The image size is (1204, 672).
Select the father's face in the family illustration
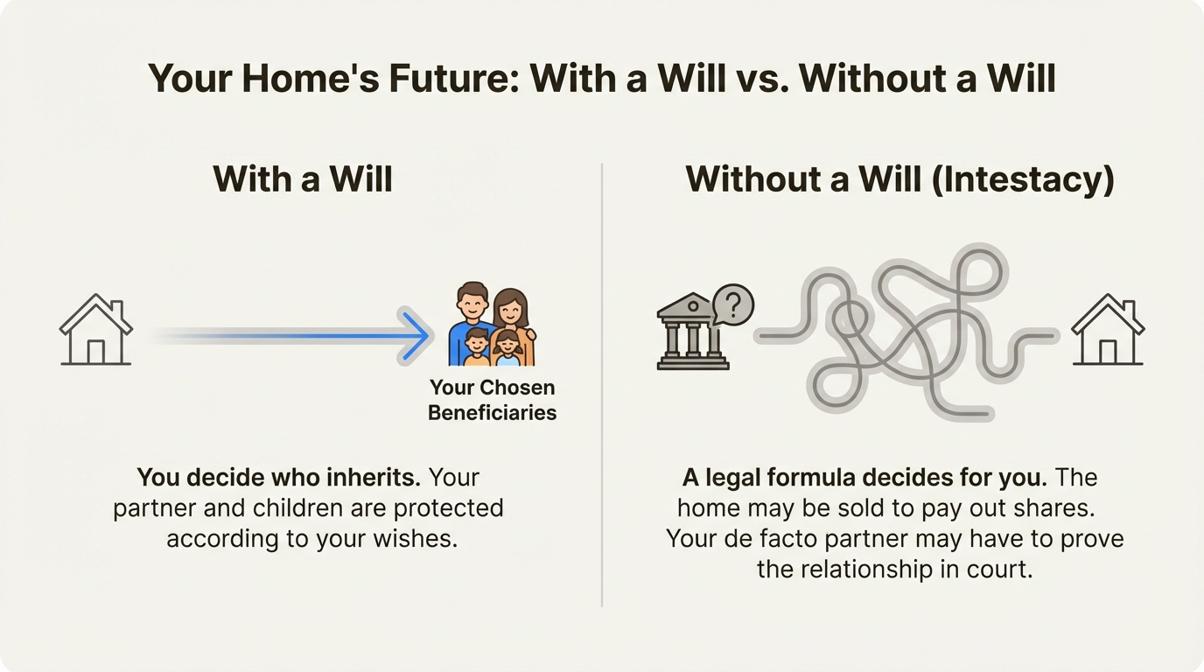pos(472,304)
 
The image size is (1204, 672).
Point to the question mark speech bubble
pos(732,304)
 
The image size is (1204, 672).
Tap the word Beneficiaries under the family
pos(493,413)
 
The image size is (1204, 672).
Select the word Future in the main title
pos(453,79)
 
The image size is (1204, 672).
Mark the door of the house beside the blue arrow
pos(95,352)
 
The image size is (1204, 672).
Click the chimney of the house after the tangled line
pos(1130,310)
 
